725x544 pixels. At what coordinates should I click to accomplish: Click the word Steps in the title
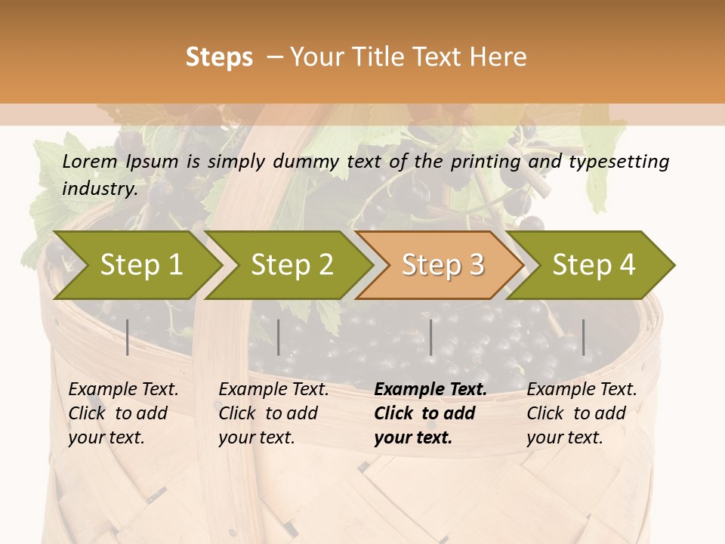pyautogui.click(x=219, y=57)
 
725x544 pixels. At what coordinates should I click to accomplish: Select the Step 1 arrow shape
pyautogui.click(x=140, y=265)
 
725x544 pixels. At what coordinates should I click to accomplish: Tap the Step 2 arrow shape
pyautogui.click(x=292, y=265)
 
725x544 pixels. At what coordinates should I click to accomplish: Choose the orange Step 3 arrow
pyautogui.click(x=443, y=265)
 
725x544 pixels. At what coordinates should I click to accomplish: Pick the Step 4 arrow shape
pyautogui.click(x=594, y=265)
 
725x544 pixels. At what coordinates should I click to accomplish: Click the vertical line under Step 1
pyautogui.click(x=128, y=337)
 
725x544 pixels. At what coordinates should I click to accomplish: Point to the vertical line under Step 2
pyautogui.click(x=279, y=337)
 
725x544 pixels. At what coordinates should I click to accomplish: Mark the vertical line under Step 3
pyautogui.click(x=431, y=337)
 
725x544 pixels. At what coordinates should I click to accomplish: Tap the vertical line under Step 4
pyautogui.click(x=583, y=337)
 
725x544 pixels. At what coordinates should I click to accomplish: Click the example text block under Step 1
pyautogui.click(x=123, y=413)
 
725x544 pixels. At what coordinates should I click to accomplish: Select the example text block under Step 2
pyautogui.click(x=273, y=413)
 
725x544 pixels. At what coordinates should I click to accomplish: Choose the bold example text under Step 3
pyautogui.click(x=430, y=413)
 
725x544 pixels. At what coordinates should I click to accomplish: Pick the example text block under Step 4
pyautogui.click(x=582, y=413)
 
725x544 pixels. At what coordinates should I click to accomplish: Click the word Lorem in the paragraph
pyautogui.click(x=90, y=161)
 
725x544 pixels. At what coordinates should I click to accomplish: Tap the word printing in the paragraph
pyautogui.click(x=485, y=161)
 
